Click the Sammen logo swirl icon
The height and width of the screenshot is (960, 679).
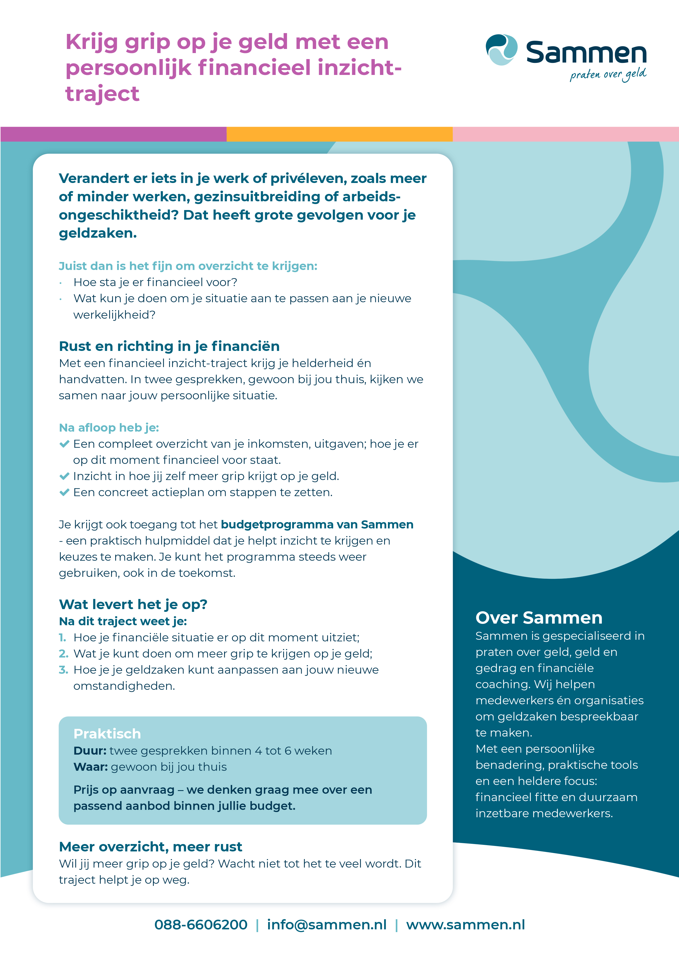point(501,50)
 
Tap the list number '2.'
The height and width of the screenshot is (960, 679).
point(63,653)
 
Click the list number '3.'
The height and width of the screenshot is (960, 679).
point(63,670)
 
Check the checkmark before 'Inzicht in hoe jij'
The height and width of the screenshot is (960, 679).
point(64,476)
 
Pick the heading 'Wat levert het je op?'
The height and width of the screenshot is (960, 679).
point(133,604)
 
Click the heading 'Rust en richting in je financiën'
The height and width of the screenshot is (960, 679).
point(169,346)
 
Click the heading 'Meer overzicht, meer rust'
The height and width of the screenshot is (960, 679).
point(150,847)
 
